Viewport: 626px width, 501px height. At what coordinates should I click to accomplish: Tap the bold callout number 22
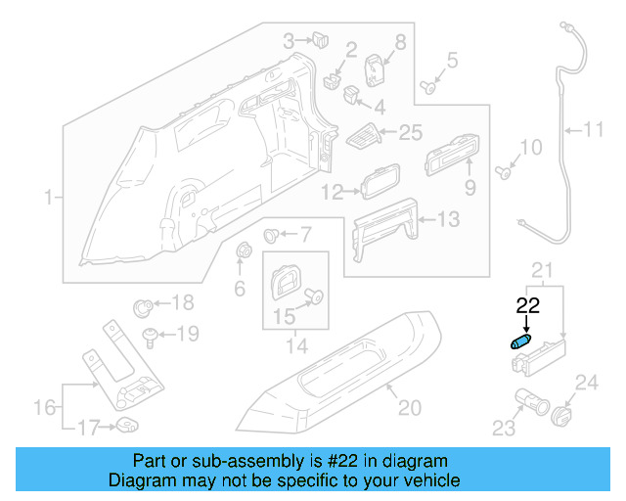(527, 305)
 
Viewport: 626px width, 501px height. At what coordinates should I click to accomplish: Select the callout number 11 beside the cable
(595, 128)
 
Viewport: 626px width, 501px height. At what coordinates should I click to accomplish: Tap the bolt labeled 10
(504, 172)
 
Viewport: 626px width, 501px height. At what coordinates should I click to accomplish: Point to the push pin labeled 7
(274, 236)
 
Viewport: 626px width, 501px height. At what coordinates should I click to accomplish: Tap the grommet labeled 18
(143, 303)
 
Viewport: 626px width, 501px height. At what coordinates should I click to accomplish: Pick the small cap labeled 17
(127, 425)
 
